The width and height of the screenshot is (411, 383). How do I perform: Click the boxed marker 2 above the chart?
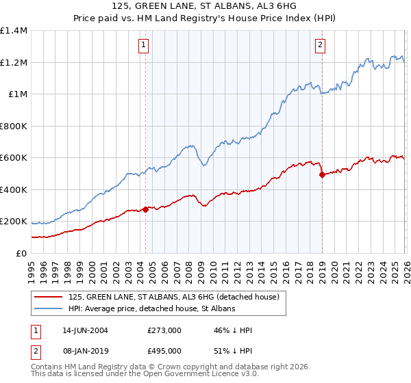coord(320,46)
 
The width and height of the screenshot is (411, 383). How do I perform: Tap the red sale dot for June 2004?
coord(145,210)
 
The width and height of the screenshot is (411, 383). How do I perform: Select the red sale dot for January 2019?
coord(321,175)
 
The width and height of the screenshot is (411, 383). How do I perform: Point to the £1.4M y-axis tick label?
coord(14,31)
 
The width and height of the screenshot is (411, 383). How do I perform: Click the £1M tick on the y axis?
coord(18,94)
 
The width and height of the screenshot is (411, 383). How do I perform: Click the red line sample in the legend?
coord(49,298)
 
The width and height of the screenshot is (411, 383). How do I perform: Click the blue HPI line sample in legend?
coord(49,309)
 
